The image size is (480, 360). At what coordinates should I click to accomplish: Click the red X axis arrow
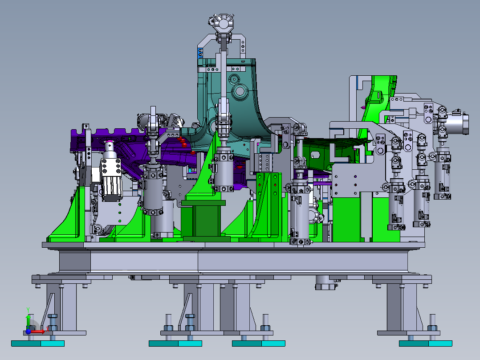39,331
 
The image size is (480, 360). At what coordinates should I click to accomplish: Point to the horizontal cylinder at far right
459,123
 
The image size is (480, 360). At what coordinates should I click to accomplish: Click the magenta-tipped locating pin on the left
110,145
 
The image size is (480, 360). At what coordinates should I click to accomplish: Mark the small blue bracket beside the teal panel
199,53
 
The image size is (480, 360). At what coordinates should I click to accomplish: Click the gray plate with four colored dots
345,180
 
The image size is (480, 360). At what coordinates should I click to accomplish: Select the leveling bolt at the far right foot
432,323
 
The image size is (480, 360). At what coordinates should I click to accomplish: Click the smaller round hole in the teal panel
232,81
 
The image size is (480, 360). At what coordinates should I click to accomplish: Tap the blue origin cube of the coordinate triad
28,331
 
